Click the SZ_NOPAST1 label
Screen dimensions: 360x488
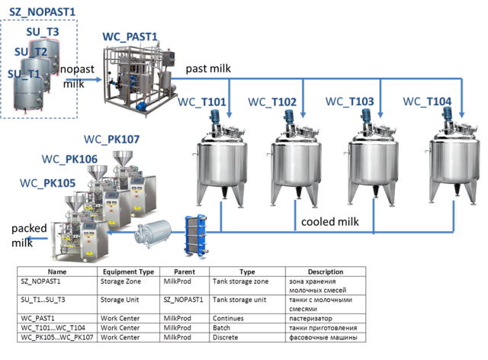coord(43,13)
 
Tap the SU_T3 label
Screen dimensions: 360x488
coord(43,31)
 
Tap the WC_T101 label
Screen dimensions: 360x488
coord(202,104)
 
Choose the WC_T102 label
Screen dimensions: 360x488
coord(273,103)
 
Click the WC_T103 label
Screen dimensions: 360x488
coord(350,101)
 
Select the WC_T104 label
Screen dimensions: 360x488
coord(428,101)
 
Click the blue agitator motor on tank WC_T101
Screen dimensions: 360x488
coord(217,116)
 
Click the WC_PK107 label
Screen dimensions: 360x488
coord(112,140)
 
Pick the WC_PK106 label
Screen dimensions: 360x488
coord(69,159)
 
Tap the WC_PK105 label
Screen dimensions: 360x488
coord(47,183)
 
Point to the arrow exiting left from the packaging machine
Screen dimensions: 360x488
coord(34,239)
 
